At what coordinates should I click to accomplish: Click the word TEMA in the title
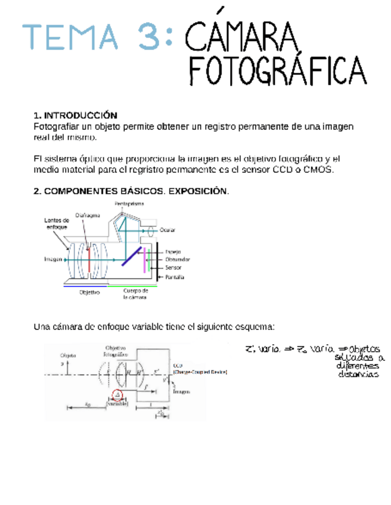coord(70,36)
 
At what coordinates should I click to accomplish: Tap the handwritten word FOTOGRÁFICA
coord(277,71)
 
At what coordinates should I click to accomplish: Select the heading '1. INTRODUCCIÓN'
coord(75,115)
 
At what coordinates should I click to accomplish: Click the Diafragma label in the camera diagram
coord(87,215)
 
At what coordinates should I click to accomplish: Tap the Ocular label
coord(169,230)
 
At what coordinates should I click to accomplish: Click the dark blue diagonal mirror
coord(132,256)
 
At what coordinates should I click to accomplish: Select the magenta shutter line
coord(145,261)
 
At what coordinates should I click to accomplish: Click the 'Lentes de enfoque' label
coord(57,223)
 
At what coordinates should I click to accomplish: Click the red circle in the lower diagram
coord(117,394)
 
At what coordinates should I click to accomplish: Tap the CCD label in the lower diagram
coord(178,366)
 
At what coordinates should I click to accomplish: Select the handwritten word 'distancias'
coord(358,375)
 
